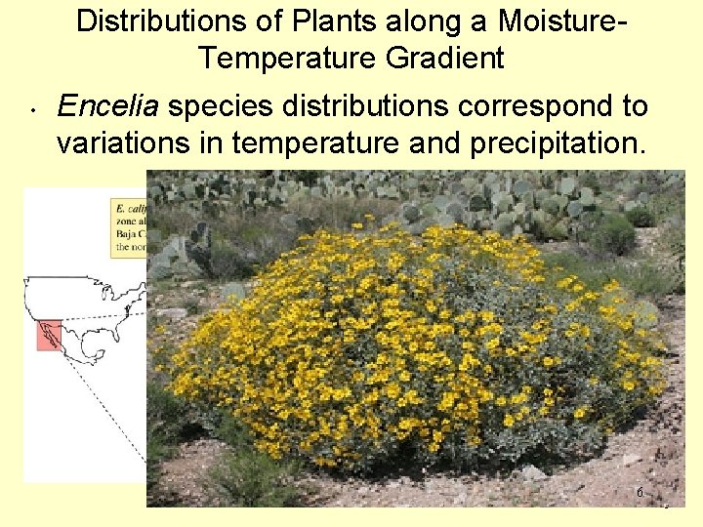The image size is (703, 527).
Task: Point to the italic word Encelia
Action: click(x=108, y=105)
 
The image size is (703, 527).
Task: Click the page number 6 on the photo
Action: click(x=640, y=493)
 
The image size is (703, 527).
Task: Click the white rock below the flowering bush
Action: click(x=533, y=473)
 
